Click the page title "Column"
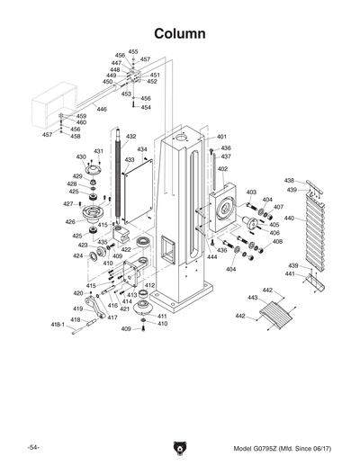coord(180,33)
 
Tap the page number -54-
coord(33,448)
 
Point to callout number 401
coord(221,137)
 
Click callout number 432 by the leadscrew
coord(130,137)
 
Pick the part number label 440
coord(288,219)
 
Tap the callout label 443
coord(252,298)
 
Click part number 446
coord(102,109)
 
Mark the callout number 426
coord(70,221)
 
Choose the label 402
coord(222,168)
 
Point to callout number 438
coord(290,181)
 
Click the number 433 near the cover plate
coord(130,159)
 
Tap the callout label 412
coord(149,285)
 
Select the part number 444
coord(211,257)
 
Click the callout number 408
coord(277,242)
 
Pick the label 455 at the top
coord(133,52)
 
